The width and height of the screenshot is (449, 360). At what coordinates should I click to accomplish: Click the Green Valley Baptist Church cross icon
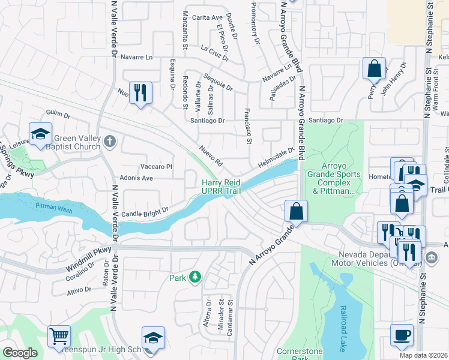pos(109,142)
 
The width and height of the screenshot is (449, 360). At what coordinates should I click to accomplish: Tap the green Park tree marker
pos(194,277)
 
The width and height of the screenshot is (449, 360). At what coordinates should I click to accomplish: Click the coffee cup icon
pos(402,335)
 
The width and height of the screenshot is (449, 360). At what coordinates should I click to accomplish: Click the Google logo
pos(20,353)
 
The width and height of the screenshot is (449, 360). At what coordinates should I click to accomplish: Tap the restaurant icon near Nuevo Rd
pos(140,92)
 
